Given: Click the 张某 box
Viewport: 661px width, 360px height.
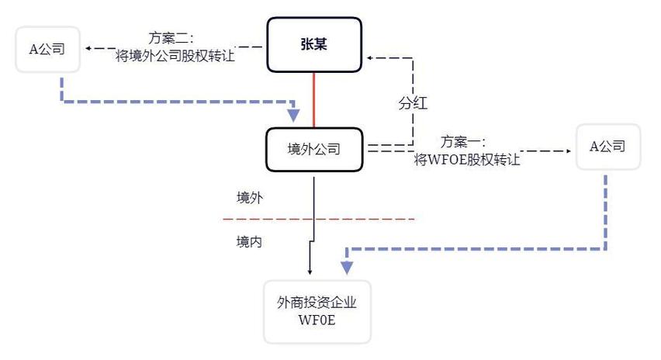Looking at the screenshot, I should (314, 44).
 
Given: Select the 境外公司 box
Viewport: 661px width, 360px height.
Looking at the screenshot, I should (313, 149).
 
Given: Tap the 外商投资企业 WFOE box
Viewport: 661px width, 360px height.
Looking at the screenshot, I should (317, 311).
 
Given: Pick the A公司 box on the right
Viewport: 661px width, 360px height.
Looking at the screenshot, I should (607, 146).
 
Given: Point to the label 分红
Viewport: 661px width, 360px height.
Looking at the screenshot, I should (414, 104).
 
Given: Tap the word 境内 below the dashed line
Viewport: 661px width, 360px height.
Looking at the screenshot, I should (250, 241).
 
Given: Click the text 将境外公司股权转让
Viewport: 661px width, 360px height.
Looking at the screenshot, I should (175, 55).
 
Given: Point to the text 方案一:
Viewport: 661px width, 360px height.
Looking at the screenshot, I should (463, 142).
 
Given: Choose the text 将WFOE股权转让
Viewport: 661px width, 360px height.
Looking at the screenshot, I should (467, 160).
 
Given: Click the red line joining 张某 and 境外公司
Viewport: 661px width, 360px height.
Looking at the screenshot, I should (313, 99).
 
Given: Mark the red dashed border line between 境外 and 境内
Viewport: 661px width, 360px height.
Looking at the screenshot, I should (326, 219).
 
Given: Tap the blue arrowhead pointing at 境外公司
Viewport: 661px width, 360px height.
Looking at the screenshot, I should (294, 114).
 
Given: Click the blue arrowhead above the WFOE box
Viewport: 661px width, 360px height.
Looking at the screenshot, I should (347, 266).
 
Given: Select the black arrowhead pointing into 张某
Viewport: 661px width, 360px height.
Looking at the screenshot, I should (370, 57).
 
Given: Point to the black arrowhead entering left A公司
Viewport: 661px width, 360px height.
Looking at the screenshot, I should (88, 48).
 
